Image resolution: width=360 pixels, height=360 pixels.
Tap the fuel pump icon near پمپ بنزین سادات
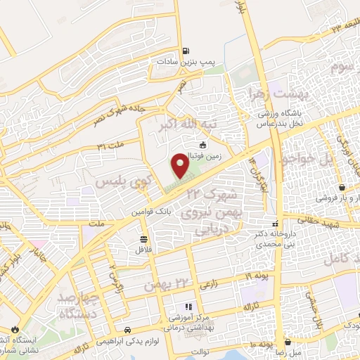(x=185, y=51)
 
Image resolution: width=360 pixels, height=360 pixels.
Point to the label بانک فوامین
(x=146, y=210)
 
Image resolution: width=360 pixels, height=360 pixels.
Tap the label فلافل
(x=143, y=249)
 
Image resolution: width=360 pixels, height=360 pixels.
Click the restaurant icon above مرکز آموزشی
(x=188, y=307)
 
